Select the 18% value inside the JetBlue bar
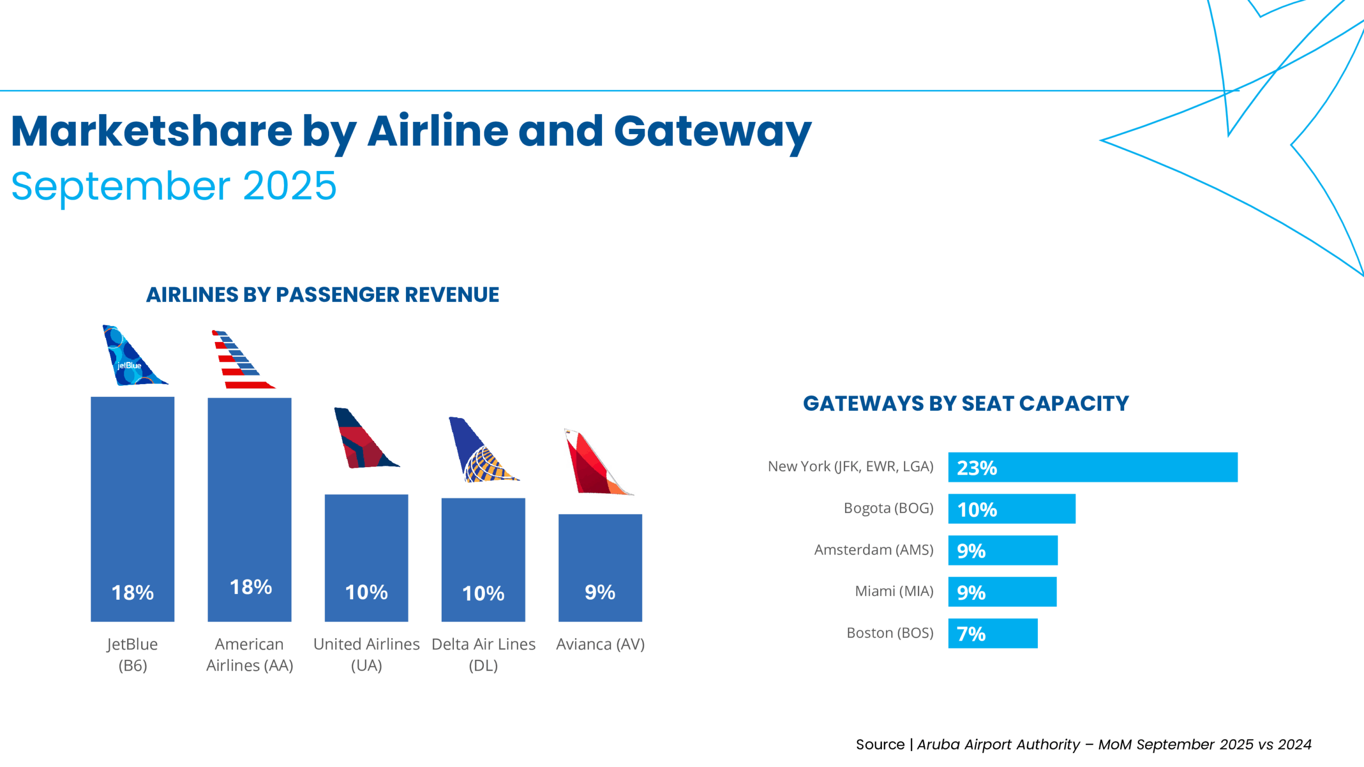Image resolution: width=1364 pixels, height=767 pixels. [x=132, y=592]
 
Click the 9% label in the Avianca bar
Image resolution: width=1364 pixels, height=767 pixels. [x=600, y=592]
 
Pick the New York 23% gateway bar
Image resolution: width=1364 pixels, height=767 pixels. [x=1092, y=467]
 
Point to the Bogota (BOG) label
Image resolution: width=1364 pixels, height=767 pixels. [x=888, y=508]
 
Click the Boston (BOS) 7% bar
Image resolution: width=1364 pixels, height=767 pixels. [x=993, y=633]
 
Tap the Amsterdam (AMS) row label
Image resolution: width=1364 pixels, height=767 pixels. [x=873, y=550]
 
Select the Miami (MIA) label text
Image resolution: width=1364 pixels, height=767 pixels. [x=894, y=591]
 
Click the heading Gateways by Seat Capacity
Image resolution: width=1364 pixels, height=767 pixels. [x=965, y=403]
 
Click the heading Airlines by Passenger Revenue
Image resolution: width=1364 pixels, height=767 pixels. [x=322, y=295]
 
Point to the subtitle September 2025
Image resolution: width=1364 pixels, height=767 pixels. [x=174, y=186]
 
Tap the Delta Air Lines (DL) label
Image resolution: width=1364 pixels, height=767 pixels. [x=483, y=654]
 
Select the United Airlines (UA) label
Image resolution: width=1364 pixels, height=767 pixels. [x=366, y=654]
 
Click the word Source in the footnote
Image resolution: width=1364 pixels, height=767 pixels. [x=880, y=744]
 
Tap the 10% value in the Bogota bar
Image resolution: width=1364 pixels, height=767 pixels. [x=977, y=510]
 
